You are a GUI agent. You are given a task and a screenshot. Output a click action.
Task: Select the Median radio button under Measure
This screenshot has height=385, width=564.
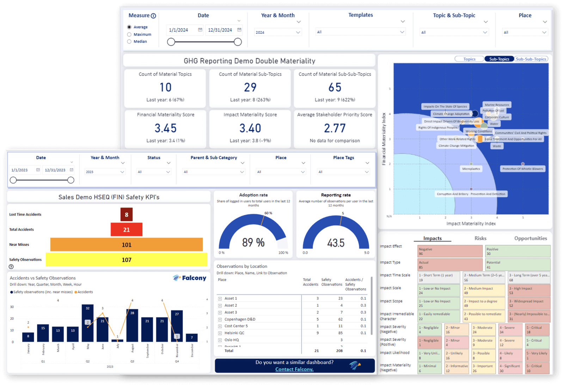(x=129, y=42)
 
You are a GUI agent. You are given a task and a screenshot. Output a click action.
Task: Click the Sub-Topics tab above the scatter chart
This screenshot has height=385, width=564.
(x=499, y=59)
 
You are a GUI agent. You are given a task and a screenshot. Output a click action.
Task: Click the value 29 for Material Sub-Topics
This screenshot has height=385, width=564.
(x=250, y=87)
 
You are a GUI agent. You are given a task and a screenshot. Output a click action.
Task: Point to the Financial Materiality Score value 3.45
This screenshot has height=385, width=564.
(x=165, y=128)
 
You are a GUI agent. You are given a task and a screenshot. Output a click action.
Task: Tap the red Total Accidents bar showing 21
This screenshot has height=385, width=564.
(x=126, y=230)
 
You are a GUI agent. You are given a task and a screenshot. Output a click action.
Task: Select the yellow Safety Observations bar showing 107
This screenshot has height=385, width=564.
(x=126, y=260)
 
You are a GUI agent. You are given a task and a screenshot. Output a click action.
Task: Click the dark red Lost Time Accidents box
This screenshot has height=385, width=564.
(x=126, y=214)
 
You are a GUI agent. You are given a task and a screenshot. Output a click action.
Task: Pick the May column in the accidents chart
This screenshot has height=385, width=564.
(x=87, y=323)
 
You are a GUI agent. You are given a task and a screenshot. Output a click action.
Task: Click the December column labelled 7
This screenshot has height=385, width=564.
(x=192, y=338)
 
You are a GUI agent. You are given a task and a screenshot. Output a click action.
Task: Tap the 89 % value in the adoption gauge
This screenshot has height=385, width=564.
(x=253, y=243)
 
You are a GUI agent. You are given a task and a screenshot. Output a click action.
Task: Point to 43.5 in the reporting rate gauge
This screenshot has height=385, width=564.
(x=336, y=243)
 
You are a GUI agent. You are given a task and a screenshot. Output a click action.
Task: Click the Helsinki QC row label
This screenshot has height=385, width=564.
(x=234, y=333)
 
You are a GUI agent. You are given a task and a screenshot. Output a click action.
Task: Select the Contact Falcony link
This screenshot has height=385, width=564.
(x=294, y=369)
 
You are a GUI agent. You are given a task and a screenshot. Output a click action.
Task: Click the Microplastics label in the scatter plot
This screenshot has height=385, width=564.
(x=471, y=169)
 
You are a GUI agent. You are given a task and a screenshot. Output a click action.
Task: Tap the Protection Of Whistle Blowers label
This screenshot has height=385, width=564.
(x=522, y=169)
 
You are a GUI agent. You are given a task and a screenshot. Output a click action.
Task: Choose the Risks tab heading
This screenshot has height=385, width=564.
(x=480, y=238)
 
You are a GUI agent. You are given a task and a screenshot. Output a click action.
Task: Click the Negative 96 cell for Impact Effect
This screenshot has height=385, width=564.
(x=449, y=251)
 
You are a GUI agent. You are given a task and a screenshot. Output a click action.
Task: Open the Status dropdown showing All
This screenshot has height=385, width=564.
(x=154, y=172)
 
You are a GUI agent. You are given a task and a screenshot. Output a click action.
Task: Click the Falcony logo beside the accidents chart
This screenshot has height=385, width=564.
(x=190, y=278)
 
